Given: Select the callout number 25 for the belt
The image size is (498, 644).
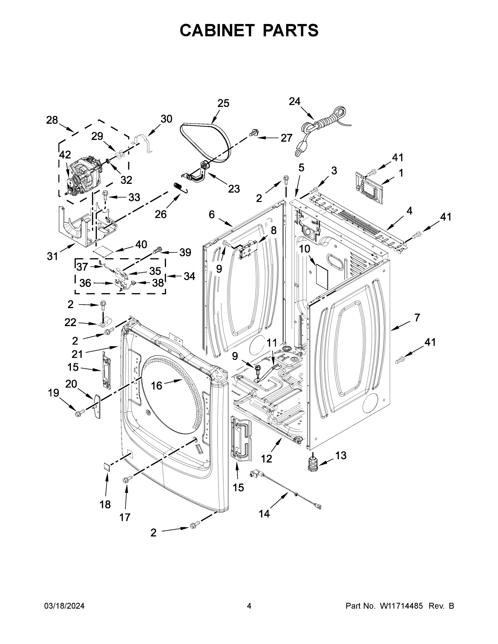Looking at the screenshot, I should pos(223,104).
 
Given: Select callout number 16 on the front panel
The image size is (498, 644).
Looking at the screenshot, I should pos(157,385).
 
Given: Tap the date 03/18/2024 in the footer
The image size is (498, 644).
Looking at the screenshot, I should pos(64,606).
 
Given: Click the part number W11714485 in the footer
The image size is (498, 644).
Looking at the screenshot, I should pos(401,606).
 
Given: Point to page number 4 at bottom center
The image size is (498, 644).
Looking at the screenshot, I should pos(249,606).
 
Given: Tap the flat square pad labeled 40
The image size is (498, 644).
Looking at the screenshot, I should pos(103,251).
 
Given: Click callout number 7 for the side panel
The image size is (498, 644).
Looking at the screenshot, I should pos(417,318).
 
